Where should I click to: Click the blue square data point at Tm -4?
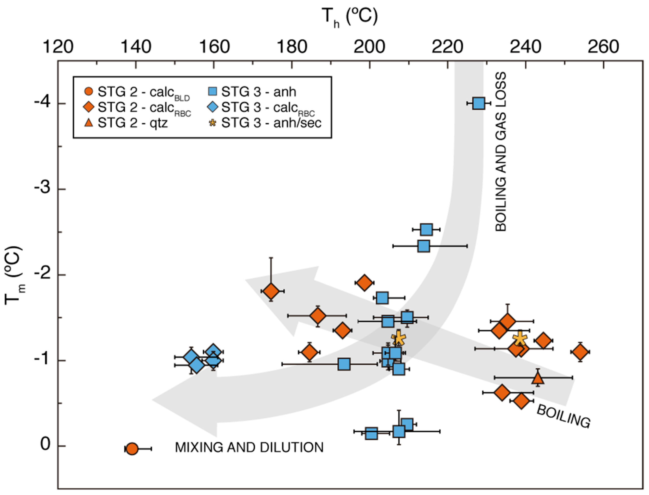(x=478, y=103)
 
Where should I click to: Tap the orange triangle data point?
(x=538, y=378)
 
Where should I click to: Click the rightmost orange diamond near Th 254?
(x=580, y=352)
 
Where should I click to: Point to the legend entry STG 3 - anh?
(x=252, y=92)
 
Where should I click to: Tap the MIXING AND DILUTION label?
(x=249, y=447)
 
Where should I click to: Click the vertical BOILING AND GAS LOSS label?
(x=501, y=152)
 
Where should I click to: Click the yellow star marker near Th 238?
(x=520, y=339)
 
